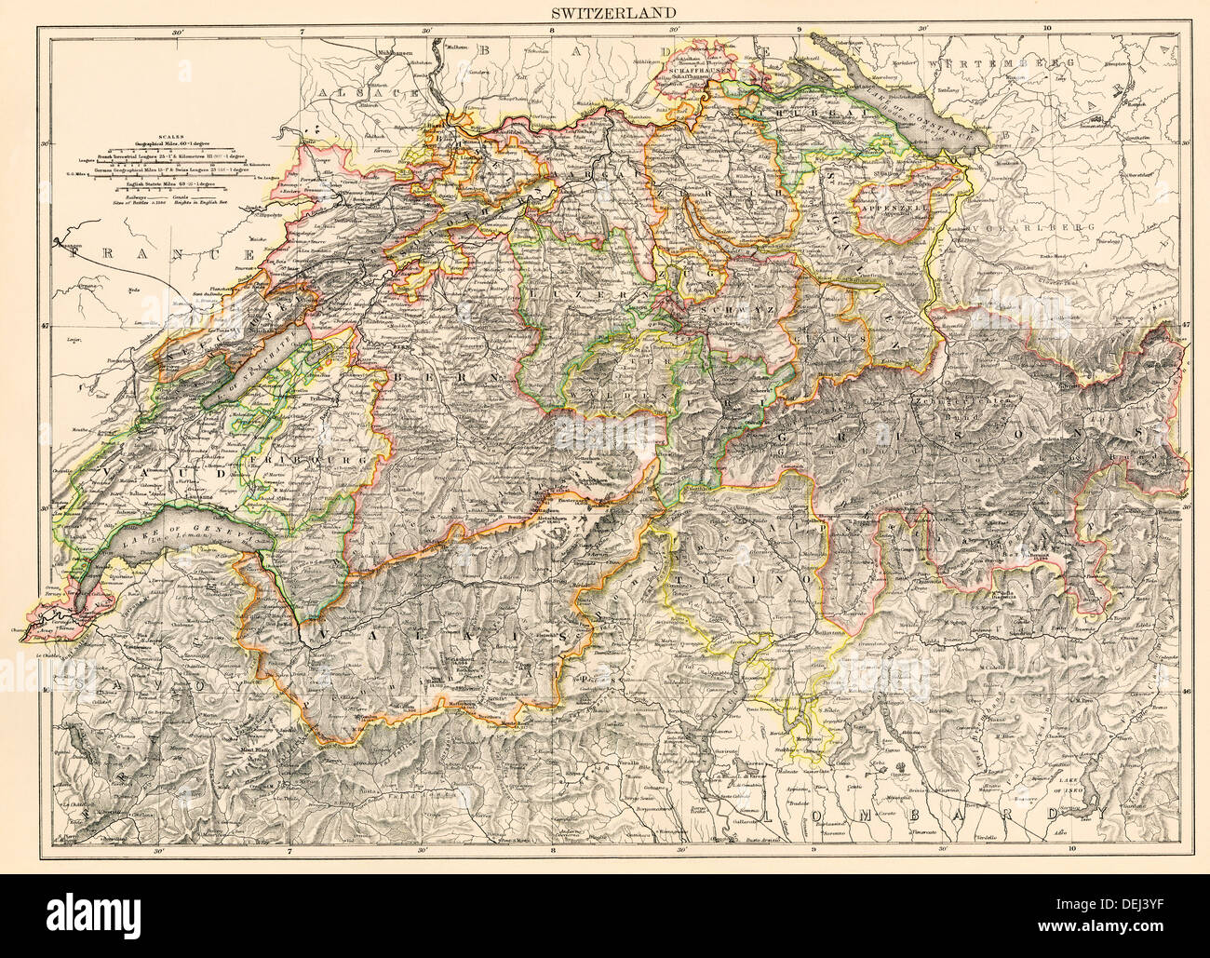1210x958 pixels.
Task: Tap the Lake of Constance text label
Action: [931, 121]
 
